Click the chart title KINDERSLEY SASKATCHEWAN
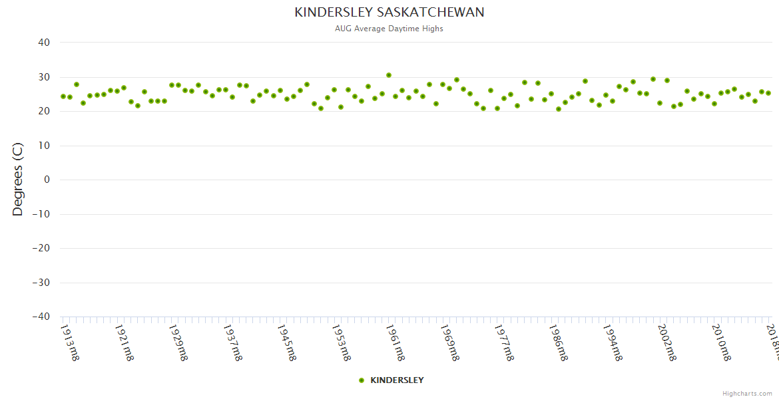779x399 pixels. (x=389, y=13)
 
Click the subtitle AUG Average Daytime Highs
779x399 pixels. (x=389, y=29)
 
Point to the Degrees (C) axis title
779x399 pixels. (x=18, y=180)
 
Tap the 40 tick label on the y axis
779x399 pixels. (x=44, y=43)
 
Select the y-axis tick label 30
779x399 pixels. (x=44, y=77)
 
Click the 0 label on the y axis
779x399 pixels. (x=47, y=180)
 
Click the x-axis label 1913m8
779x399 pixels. (x=70, y=342)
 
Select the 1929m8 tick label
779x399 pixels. (x=178, y=342)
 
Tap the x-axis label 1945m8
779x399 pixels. (x=286, y=342)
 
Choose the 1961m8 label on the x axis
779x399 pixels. (x=395, y=342)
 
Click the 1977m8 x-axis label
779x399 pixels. (x=503, y=342)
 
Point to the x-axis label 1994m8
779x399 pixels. (x=612, y=342)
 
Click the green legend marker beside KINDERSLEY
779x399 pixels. (x=362, y=380)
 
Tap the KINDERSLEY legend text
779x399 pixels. (x=397, y=380)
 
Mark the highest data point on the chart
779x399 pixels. (x=389, y=75)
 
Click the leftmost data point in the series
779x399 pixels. (x=63, y=96)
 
